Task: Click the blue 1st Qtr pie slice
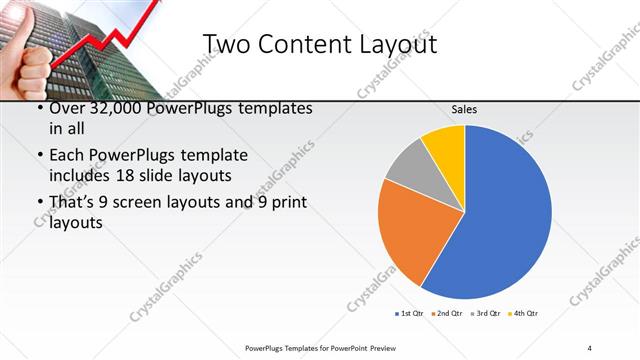click(505, 215)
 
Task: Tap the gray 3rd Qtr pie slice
click(411, 165)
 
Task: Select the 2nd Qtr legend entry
click(445, 314)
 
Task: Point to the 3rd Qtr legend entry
click(486, 314)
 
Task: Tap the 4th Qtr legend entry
click(524, 314)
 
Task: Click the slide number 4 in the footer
click(590, 347)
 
